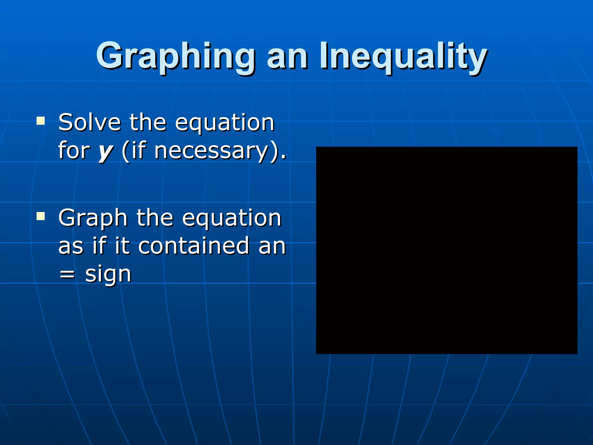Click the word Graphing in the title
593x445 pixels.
click(x=175, y=56)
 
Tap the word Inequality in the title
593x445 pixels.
click(x=403, y=56)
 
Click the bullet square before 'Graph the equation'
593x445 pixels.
click(x=41, y=216)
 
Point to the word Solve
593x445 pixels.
click(x=89, y=122)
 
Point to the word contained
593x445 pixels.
click(x=194, y=246)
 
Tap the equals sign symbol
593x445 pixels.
click(x=67, y=273)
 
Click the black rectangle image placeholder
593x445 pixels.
click(x=446, y=250)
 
